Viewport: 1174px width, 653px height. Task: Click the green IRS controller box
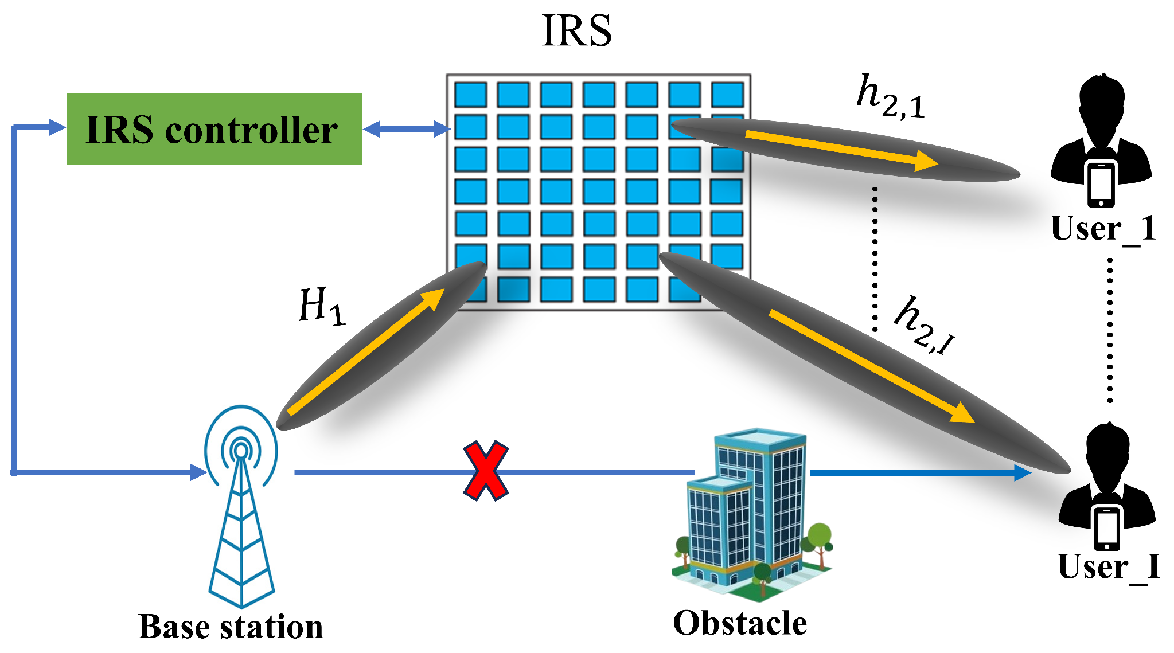pyautogui.click(x=214, y=129)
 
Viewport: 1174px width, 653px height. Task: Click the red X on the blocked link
pyautogui.click(x=486, y=471)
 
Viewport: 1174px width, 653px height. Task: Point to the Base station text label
pyautogui.click(x=231, y=627)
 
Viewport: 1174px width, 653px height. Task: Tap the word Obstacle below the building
pyautogui.click(x=740, y=623)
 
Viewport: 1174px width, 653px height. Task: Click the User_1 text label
pyautogui.click(x=1103, y=229)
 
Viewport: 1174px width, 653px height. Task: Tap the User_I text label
pyautogui.click(x=1109, y=566)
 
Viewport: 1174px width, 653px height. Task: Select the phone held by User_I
pyautogui.click(x=1107, y=527)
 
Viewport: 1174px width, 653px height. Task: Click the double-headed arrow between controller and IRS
pyautogui.click(x=406, y=129)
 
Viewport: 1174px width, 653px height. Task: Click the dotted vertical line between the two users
pyautogui.click(x=1110, y=330)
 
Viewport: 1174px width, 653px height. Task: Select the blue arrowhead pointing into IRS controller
pyautogui.click(x=57, y=127)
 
